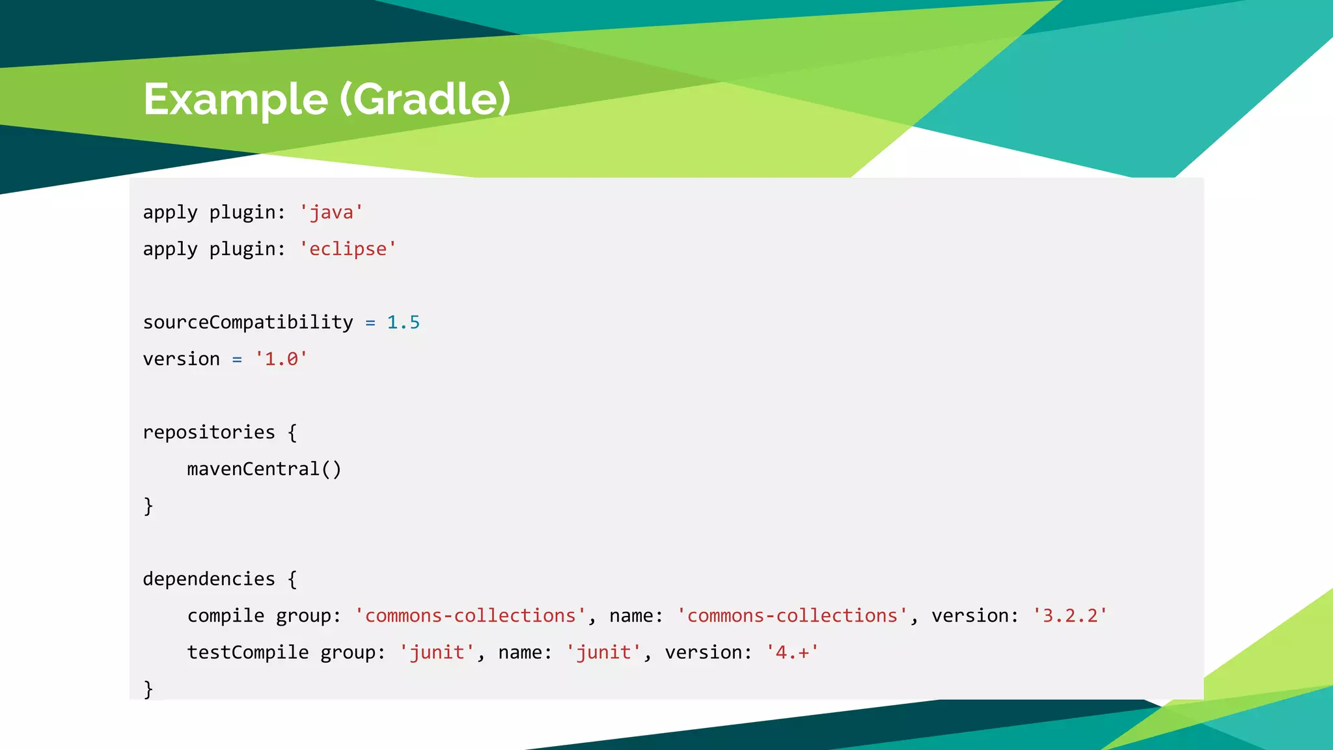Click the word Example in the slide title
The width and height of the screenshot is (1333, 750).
pyautogui.click(x=236, y=100)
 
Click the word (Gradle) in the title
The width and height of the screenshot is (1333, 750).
pyautogui.click(x=426, y=100)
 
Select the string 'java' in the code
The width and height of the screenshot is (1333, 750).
pyautogui.click(x=331, y=212)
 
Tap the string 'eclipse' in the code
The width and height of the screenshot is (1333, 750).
pyautogui.click(x=348, y=249)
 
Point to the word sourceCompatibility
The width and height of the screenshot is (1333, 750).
pyautogui.click(x=248, y=322)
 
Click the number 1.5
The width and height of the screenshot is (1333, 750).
pyautogui.click(x=404, y=322)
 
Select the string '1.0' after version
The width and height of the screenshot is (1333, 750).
pyautogui.click(x=281, y=359)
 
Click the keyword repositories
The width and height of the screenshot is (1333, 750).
pyautogui.click(x=209, y=432)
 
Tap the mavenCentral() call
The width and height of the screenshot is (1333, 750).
pyautogui.click(x=264, y=469)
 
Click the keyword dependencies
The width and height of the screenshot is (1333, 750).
pyautogui.click(x=209, y=579)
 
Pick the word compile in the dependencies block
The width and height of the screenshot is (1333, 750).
pyautogui.click(x=226, y=615)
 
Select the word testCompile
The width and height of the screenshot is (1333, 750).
pyautogui.click(x=248, y=652)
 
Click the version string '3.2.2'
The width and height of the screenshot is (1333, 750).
pyautogui.click(x=1070, y=615)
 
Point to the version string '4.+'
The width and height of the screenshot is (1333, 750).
pyautogui.click(x=792, y=652)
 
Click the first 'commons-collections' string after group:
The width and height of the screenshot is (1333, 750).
pyautogui.click(x=470, y=615)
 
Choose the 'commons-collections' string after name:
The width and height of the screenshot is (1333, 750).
pyautogui.click(x=792, y=615)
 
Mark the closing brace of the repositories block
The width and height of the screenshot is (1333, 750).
pyautogui.click(x=148, y=506)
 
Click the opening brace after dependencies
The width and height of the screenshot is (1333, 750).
pyautogui.click(x=292, y=579)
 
